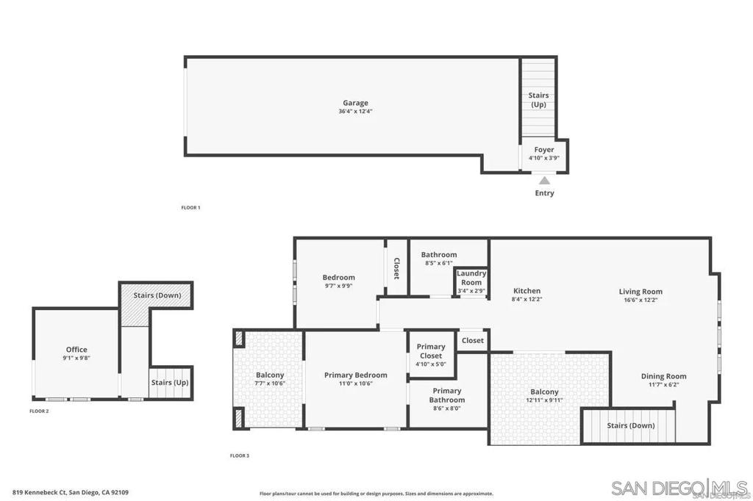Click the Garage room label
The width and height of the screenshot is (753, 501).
(355, 103)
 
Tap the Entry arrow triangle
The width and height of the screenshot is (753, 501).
(544, 180)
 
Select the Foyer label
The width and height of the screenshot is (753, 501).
(544, 150)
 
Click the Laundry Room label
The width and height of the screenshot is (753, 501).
(471, 278)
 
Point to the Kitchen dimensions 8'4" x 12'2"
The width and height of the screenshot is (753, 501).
(527, 300)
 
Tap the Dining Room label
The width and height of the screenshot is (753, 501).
(663, 376)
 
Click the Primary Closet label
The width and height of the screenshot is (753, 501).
(431, 351)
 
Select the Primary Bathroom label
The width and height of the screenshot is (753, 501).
(447, 395)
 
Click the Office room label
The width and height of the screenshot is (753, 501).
(76, 350)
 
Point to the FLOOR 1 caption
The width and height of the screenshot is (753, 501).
(190, 208)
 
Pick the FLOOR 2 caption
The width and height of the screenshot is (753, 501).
(39, 411)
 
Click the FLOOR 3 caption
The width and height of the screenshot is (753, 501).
(239, 455)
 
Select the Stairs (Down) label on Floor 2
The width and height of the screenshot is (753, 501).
(157, 295)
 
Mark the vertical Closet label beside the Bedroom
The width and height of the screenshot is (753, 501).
(396, 268)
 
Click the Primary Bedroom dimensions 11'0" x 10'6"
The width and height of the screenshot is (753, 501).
(356, 383)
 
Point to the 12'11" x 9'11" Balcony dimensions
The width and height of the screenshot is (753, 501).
(544, 400)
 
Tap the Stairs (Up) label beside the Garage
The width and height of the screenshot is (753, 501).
(538, 100)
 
